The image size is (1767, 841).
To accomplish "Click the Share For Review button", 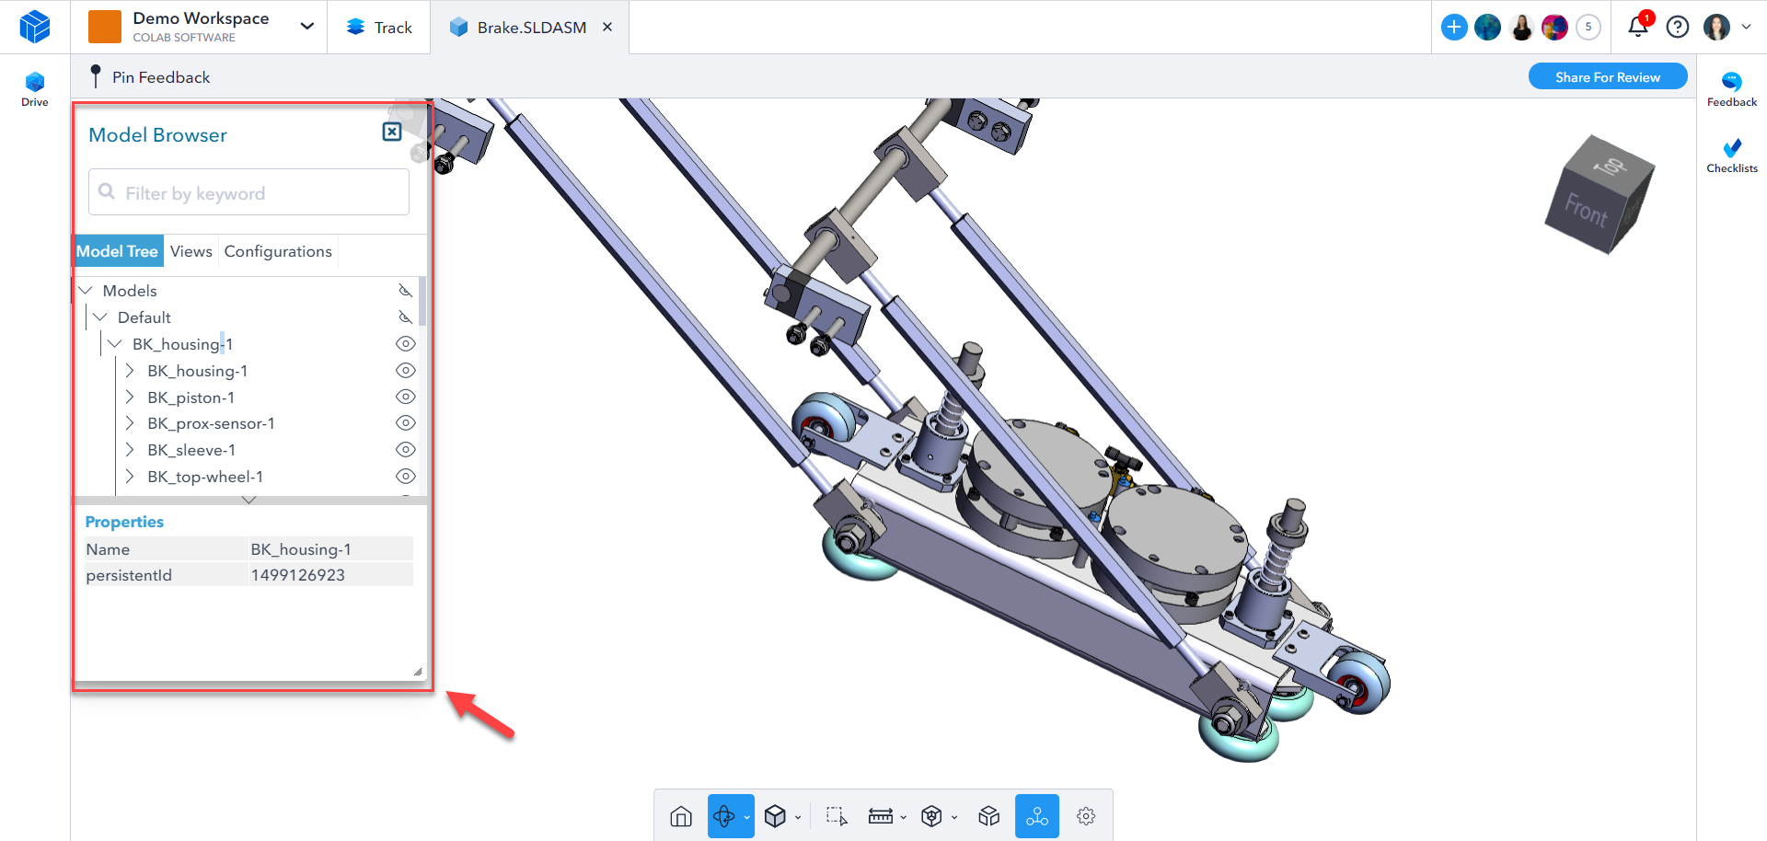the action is (x=1608, y=77).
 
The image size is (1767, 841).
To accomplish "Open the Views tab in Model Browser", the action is (x=191, y=251).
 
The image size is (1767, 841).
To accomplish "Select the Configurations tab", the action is (x=278, y=251).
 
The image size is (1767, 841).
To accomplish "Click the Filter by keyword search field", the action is (x=248, y=192).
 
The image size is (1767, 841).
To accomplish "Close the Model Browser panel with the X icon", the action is (x=392, y=132).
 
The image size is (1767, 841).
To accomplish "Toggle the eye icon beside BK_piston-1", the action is (x=406, y=397).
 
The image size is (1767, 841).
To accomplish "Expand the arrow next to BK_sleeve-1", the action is (x=130, y=450).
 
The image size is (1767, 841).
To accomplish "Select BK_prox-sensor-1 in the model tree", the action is (x=211, y=423).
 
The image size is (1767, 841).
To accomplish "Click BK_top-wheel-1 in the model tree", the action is (x=205, y=477).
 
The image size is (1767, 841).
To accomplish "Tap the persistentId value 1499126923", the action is (x=298, y=575).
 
